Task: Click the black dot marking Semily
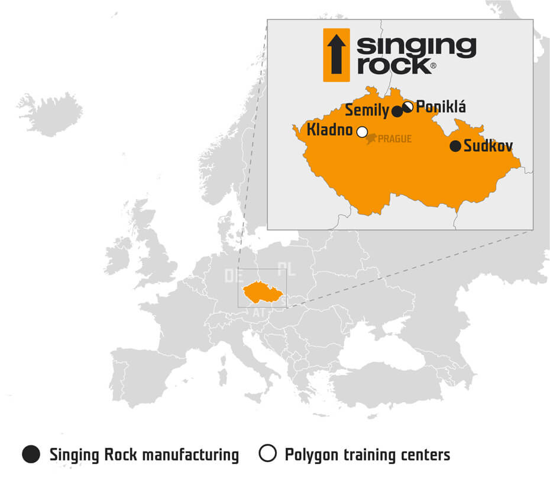coord(398,111)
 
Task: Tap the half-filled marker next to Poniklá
coord(407,107)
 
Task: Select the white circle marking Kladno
coord(362,132)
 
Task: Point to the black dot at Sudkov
coord(455,146)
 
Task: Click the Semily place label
coord(367,110)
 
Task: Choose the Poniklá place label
coord(441,107)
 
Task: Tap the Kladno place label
coord(329,130)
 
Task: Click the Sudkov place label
coord(488,146)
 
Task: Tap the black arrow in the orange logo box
coord(337,54)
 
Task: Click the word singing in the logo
coord(416,46)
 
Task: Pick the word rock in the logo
coord(394,65)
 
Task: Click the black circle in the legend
coord(31,454)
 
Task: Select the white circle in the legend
coord(268,454)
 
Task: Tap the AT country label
coord(259,312)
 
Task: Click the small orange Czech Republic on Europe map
coord(261,291)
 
